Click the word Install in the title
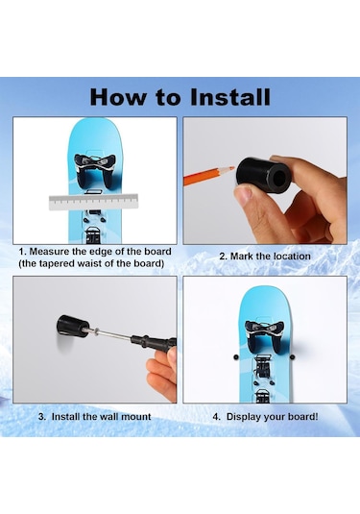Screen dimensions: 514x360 [x=218, y=97]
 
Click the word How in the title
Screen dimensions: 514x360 [x=117, y=97]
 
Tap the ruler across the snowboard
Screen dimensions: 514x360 [x=95, y=203]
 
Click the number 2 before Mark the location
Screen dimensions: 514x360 [x=222, y=257]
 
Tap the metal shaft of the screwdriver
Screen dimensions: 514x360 [x=116, y=337]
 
